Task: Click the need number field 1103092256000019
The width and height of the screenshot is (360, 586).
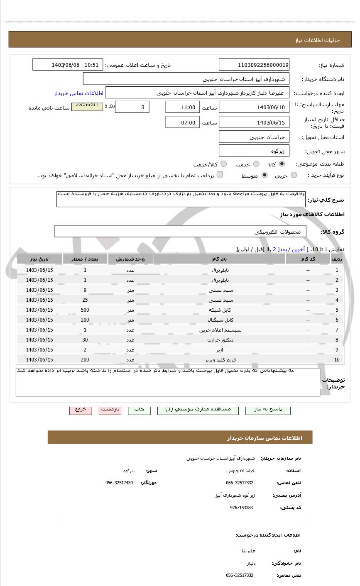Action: click(x=254, y=65)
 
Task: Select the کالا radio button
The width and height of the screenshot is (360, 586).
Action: click(x=282, y=164)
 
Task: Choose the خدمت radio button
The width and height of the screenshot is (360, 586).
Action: click(x=256, y=164)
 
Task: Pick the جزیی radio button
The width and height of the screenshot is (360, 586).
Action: click(x=294, y=175)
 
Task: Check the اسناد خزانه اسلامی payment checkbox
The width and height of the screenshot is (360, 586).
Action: click(x=220, y=175)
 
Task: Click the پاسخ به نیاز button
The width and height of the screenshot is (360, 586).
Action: click(x=268, y=410)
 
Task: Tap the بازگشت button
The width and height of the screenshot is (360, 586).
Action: click(x=110, y=410)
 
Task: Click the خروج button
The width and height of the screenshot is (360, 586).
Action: click(x=81, y=410)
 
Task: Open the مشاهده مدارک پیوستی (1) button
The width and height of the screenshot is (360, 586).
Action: click(x=198, y=410)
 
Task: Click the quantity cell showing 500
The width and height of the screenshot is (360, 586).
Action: click(x=85, y=310)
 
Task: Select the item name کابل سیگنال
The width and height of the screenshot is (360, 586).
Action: click(x=220, y=320)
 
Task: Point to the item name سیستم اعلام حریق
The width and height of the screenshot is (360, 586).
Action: click(x=220, y=330)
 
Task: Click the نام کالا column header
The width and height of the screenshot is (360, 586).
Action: click(x=219, y=259)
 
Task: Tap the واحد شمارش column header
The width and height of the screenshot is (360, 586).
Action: click(x=130, y=259)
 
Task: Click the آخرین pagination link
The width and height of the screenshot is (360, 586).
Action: click(x=298, y=249)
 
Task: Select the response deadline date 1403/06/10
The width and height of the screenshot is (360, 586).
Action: click(x=254, y=107)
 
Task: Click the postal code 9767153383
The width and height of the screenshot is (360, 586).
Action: click(x=241, y=508)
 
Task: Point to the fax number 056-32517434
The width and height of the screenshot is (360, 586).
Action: click(x=119, y=483)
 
